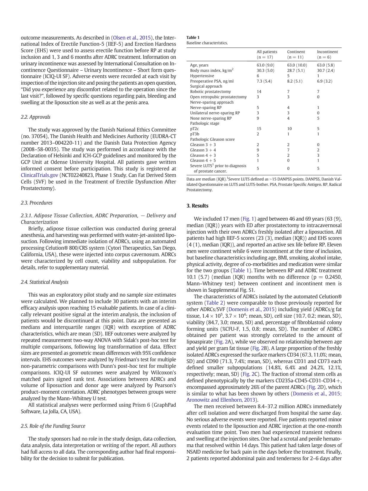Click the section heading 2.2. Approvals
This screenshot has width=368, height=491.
pyautogui.click(x=35, y=117)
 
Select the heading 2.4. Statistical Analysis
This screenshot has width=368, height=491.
pyautogui.click(x=45, y=282)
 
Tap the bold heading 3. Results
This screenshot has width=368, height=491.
pyautogui.click(x=197, y=206)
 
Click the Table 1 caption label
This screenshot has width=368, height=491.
pyautogui.click(x=193, y=37)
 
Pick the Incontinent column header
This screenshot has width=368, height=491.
pyautogui.click(x=327, y=52)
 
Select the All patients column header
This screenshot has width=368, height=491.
pyautogui.click(x=267, y=52)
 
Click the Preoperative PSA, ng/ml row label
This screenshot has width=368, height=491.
pyautogui.click(x=212, y=81)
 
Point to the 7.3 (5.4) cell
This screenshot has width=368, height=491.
pyautogui.click(x=264, y=81)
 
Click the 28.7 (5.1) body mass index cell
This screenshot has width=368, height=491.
pyautogui.click(x=296, y=70)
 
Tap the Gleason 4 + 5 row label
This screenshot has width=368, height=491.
pyautogui.click(x=203, y=160)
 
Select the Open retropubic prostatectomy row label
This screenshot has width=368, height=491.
pyautogui.click(x=218, y=97)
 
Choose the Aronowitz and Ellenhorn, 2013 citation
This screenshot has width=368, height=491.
pyautogui.click(x=222, y=400)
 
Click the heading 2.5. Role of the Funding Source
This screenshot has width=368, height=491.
pyautogui.click(x=53, y=426)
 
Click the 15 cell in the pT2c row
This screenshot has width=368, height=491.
pyautogui.click(x=259, y=129)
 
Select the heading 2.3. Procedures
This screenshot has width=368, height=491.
pyautogui.click(x=37, y=203)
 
